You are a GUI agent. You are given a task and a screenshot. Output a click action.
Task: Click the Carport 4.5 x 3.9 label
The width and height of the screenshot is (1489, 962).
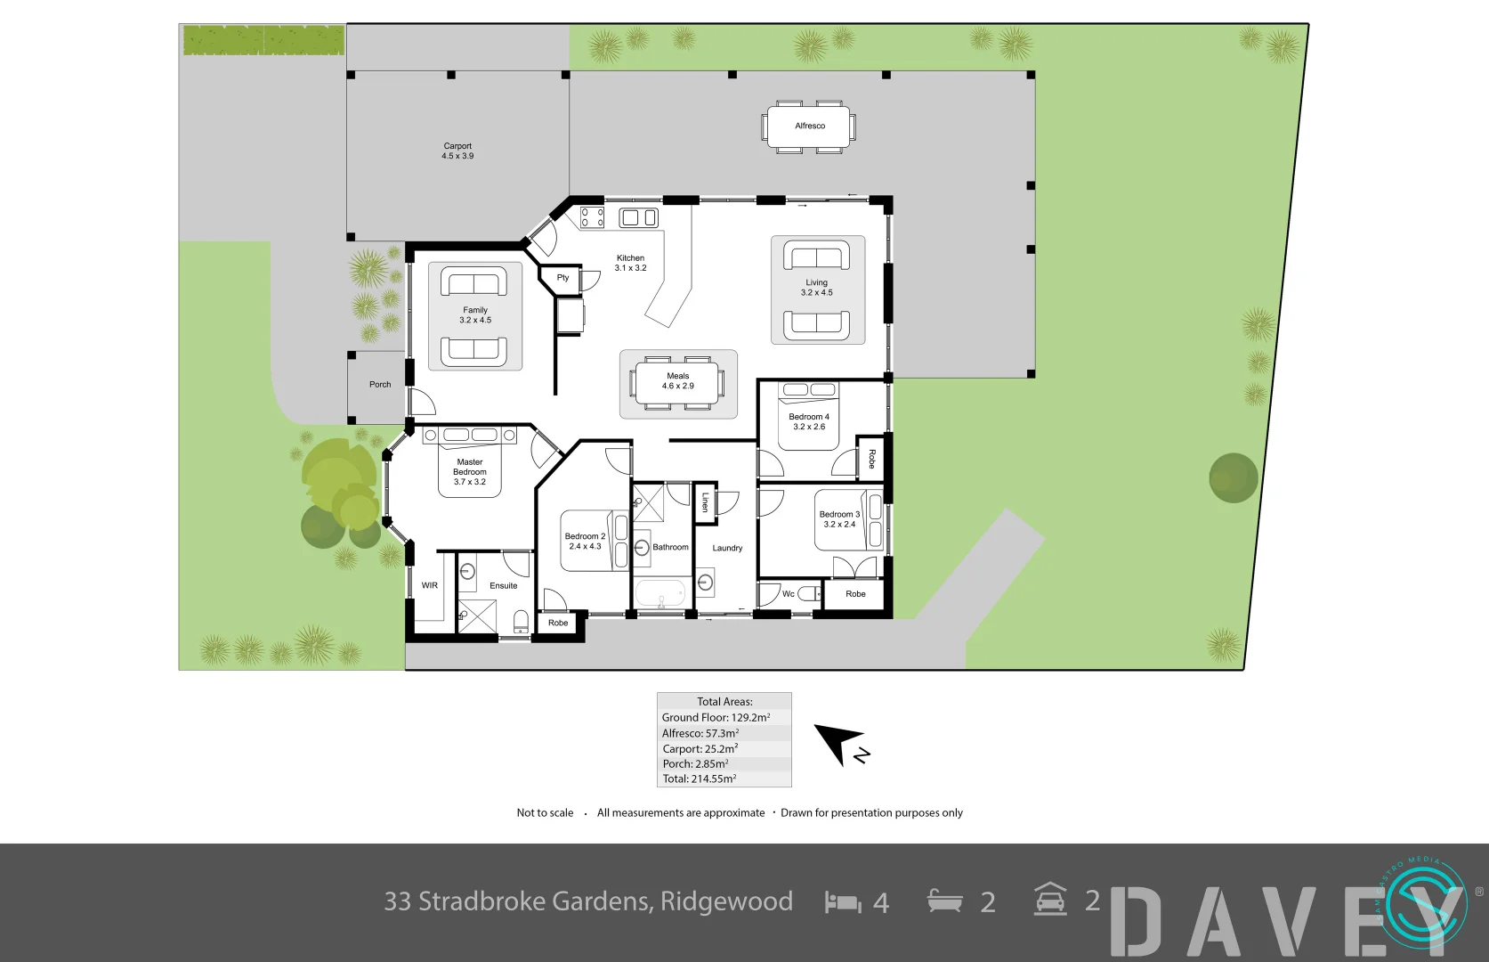click(x=457, y=151)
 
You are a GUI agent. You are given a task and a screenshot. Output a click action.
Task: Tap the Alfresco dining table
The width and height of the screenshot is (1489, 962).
click(x=809, y=126)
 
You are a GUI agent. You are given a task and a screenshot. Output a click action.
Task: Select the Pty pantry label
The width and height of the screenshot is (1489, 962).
click(x=562, y=278)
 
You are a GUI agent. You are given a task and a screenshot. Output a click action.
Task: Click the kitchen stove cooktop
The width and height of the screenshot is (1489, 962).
click(x=592, y=217)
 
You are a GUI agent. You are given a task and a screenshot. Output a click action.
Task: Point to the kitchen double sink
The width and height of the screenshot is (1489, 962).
click(x=638, y=217)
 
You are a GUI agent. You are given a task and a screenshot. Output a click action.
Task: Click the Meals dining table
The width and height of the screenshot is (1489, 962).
click(x=677, y=382)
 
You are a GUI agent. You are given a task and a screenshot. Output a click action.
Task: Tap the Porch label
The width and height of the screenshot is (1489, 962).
click(x=380, y=385)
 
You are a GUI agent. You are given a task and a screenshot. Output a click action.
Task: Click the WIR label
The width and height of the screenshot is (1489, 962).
click(x=429, y=585)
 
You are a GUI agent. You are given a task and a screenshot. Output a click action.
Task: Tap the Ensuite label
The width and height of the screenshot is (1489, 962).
click(x=503, y=585)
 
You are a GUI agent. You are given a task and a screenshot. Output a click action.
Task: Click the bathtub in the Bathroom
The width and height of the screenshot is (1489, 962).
click(x=660, y=593)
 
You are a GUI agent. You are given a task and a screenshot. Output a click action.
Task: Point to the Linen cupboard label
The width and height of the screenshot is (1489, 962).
click(x=705, y=502)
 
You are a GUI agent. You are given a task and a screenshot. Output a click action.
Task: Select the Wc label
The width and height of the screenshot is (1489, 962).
click(x=788, y=594)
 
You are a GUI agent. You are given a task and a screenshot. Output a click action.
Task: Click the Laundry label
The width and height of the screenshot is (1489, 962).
click(x=727, y=548)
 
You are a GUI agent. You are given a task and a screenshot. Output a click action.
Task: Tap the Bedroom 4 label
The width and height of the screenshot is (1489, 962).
click(x=808, y=417)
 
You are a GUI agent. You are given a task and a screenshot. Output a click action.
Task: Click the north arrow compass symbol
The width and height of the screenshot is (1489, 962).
click(x=840, y=744)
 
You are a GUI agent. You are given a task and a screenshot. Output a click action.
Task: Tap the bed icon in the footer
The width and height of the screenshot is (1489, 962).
click(x=843, y=902)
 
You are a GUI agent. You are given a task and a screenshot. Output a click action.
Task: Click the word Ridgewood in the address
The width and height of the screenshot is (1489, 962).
click(x=726, y=901)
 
